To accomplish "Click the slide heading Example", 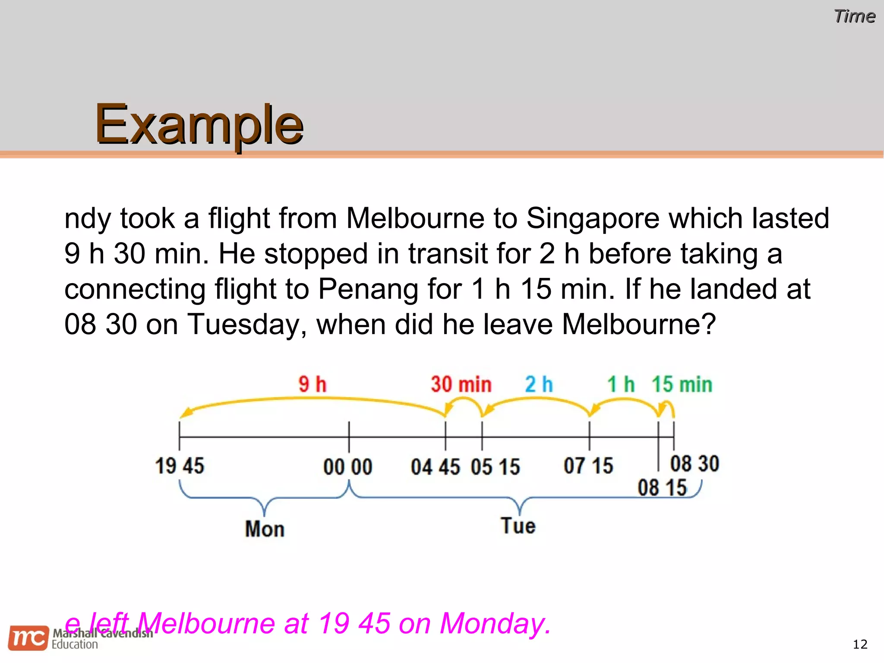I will [199, 125].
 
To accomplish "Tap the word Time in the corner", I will [854, 16].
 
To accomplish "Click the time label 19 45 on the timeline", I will [180, 466].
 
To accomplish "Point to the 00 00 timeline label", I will [348, 467].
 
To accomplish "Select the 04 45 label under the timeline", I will [436, 467].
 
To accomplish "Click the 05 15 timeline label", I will [496, 467].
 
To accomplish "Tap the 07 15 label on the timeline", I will [588, 466].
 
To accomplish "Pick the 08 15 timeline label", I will [662, 488].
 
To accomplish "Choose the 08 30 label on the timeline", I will [695, 464].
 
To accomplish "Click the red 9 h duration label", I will [313, 384].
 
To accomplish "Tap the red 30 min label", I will [461, 384].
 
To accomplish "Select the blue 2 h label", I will [539, 384].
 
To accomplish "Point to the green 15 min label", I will [682, 384].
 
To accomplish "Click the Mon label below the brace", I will [265, 529].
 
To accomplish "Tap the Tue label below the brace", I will [518, 526].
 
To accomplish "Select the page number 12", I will [860, 644].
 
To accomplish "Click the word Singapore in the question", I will [593, 218].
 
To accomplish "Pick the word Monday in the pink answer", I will [495, 624].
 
